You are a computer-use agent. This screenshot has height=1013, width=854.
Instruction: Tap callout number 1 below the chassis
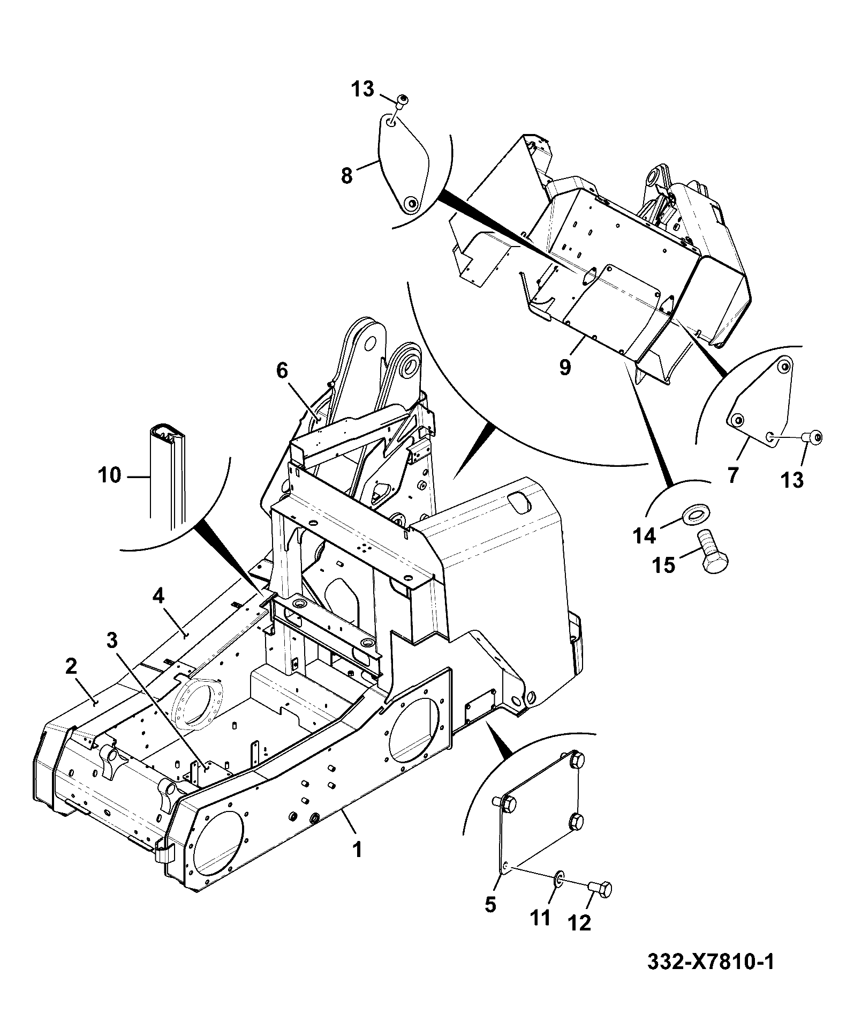click(x=357, y=850)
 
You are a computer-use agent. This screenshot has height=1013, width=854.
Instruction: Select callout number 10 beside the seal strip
click(x=110, y=475)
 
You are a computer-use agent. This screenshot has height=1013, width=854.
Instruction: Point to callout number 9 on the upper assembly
click(x=566, y=368)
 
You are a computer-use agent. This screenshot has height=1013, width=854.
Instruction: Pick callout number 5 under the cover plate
click(x=490, y=904)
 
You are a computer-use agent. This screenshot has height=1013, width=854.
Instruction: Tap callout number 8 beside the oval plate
click(x=347, y=175)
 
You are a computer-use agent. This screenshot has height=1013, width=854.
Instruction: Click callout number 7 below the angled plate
click(x=732, y=474)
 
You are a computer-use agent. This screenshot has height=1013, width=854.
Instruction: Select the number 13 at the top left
click(x=362, y=88)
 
